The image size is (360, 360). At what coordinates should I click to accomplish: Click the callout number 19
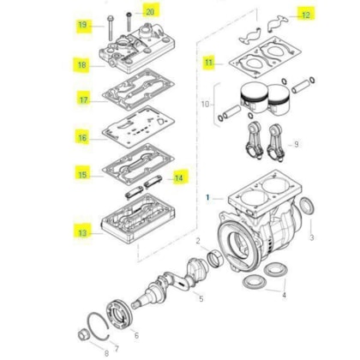click(82, 25)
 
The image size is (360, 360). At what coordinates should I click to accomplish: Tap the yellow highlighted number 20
click(150, 12)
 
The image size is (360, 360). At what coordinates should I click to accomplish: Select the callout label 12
click(306, 15)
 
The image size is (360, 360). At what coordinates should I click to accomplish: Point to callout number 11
click(209, 62)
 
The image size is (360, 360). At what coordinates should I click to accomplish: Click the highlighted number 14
click(178, 178)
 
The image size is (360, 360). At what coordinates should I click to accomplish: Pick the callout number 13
click(82, 232)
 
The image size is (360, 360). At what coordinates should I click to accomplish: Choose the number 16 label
click(82, 138)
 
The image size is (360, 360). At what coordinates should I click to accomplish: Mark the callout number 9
click(297, 144)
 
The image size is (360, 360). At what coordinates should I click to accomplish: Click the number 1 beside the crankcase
click(208, 197)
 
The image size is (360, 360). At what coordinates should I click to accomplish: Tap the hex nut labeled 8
click(82, 334)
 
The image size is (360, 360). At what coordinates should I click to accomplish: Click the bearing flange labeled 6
click(120, 313)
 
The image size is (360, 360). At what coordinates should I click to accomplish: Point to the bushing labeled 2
click(214, 258)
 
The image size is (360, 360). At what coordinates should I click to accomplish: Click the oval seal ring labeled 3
click(307, 206)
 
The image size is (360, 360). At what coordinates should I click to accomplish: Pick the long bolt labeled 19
click(110, 27)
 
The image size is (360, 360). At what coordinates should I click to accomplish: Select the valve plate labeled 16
click(138, 127)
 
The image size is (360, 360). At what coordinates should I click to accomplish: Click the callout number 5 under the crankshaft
click(201, 299)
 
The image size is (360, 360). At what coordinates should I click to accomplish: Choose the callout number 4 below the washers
click(284, 296)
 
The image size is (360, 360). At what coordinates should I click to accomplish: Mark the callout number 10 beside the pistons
click(205, 104)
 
